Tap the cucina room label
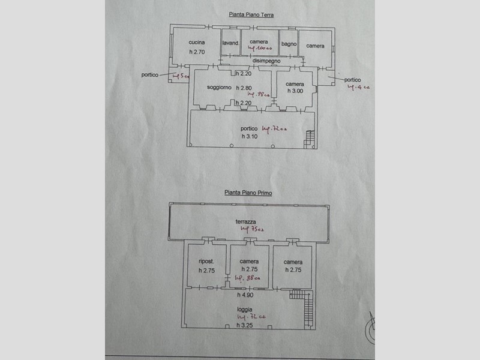coord(197,43)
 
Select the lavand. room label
coord(231,43)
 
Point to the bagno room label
coord(289,43)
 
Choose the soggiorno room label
coord(219,88)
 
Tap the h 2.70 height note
coord(197,52)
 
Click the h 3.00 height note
coord(295,91)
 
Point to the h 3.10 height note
coord(250,136)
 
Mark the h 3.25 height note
coord(244,325)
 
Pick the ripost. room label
coord(206,262)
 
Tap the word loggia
coord(244,310)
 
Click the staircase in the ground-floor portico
coord(310,139)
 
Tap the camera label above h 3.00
coord(295,83)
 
